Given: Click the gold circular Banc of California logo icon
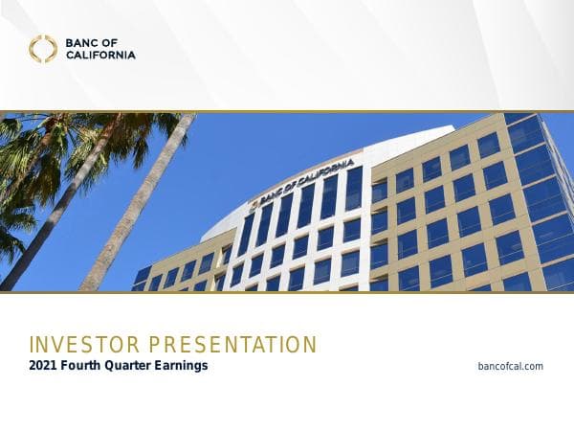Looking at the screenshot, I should pos(42,49).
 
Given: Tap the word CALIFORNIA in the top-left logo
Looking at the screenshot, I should pos(101,55).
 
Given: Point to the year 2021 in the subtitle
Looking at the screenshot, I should pos(43,365).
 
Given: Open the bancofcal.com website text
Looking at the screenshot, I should pos(510,366).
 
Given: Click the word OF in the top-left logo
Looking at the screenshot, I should pos(112,42).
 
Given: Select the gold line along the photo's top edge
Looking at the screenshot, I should pos(287,111).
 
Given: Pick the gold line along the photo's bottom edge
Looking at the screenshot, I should pos(287,292).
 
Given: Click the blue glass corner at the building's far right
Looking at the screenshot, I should pos(545,192).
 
